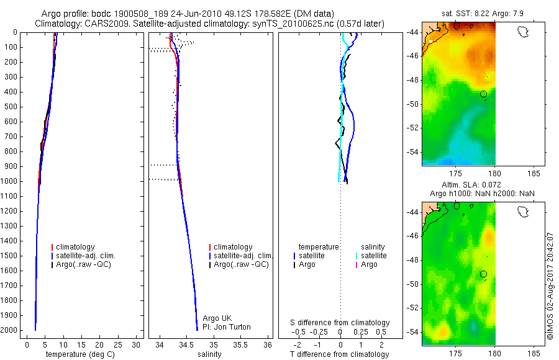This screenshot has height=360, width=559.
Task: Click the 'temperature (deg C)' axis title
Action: tap(80, 354)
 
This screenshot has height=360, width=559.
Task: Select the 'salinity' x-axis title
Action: tap(209, 354)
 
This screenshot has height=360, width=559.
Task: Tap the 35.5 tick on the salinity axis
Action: tap(240, 345)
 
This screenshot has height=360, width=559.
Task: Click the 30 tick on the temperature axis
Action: tap(136, 345)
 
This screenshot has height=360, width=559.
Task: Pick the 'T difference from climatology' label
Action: tap(339, 354)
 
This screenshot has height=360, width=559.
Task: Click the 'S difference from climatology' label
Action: tap(340, 323)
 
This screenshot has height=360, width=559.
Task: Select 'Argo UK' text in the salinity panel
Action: tap(217, 318)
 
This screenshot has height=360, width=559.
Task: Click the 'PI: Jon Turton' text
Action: tap(227, 327)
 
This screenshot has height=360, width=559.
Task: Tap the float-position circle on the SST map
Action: tap(483, 94)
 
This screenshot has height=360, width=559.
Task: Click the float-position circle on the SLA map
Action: tap(483, 274)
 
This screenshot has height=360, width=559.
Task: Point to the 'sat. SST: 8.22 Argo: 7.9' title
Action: tap(483, 14)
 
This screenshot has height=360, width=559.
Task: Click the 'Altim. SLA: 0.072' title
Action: tap(471, 185)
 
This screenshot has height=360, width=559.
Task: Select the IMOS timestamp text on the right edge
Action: tap(550, 286)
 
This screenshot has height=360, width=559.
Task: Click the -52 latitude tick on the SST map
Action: tap(414, 128)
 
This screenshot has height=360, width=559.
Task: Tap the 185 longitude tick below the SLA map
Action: tap(534, 354)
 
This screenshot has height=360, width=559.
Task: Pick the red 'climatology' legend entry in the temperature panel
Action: tap(73, 247)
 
